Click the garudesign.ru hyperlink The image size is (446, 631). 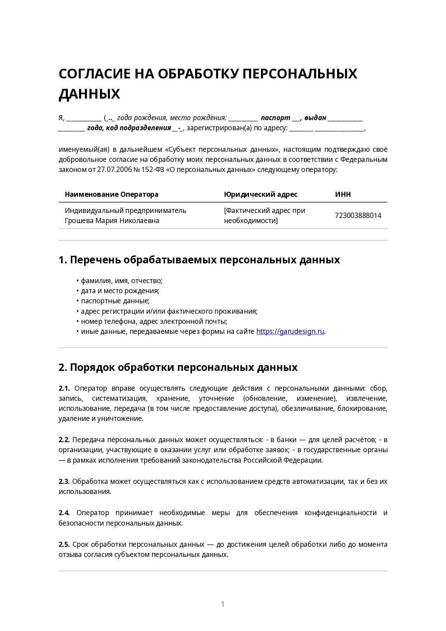(x=290, y=331)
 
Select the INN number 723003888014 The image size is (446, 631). (x=358, y=215)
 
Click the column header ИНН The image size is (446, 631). (x=343, y=194)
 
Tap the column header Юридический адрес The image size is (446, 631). (x=261, y=194)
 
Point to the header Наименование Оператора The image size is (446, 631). (x=111, y=194)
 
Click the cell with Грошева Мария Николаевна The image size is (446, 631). (x=125, y=215)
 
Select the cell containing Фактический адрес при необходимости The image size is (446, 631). (x=265, y=215)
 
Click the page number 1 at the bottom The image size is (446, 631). (x=223, y=604)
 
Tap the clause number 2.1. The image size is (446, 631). (x=64, y=388)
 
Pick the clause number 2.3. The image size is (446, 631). (x=64, y=481)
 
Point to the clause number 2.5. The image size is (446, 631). (x=64, y=544)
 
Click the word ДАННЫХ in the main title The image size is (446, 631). (x=89, y=94)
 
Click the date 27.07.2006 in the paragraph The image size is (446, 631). (x=114, y=169)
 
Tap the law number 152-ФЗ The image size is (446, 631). (x=153, y=169)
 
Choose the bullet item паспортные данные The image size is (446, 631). (x=115, y=301)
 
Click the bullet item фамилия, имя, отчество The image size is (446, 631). (x=121, y=281)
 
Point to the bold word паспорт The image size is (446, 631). (x=275, y=118)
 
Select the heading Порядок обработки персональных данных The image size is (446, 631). (x=183, y=367)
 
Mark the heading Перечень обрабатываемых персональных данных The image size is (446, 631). (x=204, y=260)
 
